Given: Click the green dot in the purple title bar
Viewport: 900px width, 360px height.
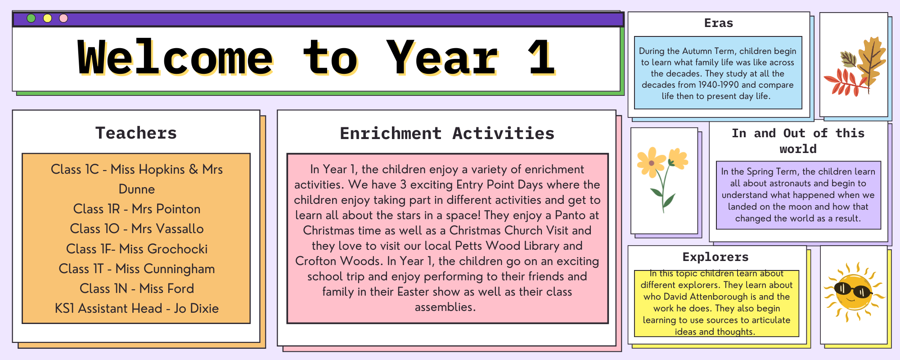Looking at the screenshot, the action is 31,18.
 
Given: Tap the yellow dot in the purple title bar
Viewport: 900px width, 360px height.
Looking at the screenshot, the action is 47,18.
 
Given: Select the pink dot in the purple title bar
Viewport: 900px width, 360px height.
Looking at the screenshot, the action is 63,18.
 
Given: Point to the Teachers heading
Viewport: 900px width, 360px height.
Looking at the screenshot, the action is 136,133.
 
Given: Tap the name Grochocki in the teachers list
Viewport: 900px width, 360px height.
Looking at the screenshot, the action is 178,249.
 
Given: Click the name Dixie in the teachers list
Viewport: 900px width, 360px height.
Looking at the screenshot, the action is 204,308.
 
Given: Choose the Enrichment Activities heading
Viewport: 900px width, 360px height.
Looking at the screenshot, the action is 447,134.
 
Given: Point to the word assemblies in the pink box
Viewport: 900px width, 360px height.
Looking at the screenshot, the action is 445,307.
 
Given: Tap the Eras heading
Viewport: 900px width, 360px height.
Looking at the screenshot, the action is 719,23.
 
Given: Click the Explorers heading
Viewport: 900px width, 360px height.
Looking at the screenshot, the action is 715,257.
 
